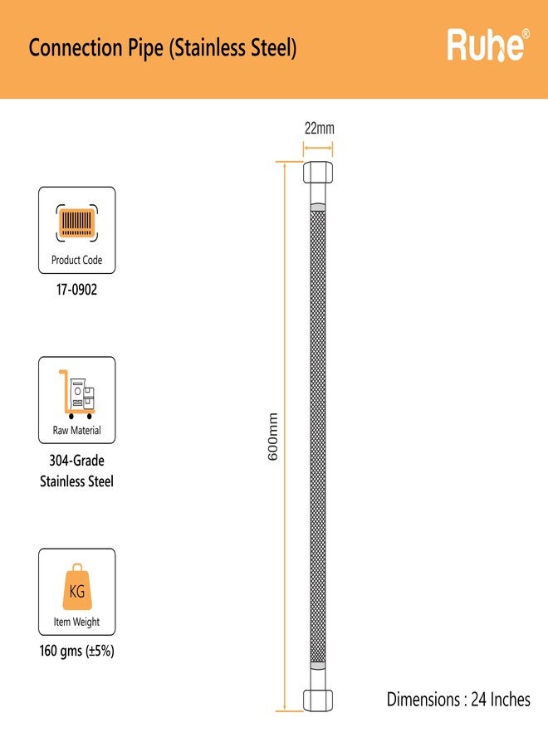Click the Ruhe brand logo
tap(488, 46)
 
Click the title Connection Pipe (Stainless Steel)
tap(163, 48)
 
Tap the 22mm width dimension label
tap(320, 128)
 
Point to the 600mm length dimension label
tap(272, 437)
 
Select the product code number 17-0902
tap(76, 290)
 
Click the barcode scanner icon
tap(76, 223)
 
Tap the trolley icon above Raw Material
tap(76, 394)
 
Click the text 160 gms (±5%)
tap(76, 651)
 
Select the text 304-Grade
tap(76, 461)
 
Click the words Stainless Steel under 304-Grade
tap(76, 481)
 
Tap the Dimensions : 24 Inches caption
tap(458, 700)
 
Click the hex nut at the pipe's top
tap(318, 173)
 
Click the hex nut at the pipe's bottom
tap(318, 701)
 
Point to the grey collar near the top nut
tap(318, 207)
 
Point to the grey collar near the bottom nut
tap(318, 666)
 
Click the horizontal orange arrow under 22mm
tap(318, 149)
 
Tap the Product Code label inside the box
tap(76, 260)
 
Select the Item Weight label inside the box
tap(76, 622)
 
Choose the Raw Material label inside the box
tap(76, 430)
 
